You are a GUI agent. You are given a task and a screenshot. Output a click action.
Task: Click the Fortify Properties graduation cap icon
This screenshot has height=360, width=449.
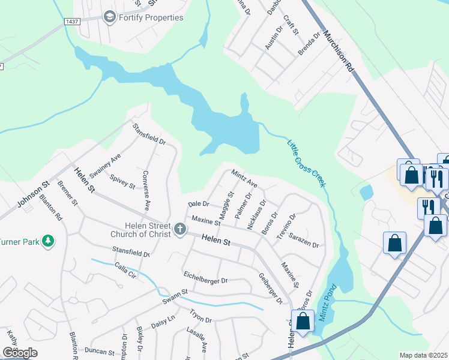pyautogui.click(x=109, y=17)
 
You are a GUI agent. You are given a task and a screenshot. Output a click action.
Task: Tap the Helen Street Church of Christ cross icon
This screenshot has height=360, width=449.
pyautogui.click(x=179, y=229)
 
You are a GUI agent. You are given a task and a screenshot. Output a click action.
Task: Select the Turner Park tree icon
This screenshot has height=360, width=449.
pyautogui.click(x=47, y=241)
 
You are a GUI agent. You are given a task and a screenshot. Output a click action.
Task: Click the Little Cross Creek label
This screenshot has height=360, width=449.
pyautogui.click(x=306, y=163)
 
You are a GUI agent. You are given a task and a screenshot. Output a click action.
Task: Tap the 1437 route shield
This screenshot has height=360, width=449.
pyautogui.click(x=72, y=21)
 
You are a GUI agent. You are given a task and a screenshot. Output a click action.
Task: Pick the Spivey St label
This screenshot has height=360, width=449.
pyautogui.click(x=122, y=181)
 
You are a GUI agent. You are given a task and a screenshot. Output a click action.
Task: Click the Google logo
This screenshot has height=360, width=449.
pyautogui.click(x=20, y=353)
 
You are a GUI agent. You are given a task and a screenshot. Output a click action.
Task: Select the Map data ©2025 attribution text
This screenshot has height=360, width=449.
pyautogui.click(x=423, y=355)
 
